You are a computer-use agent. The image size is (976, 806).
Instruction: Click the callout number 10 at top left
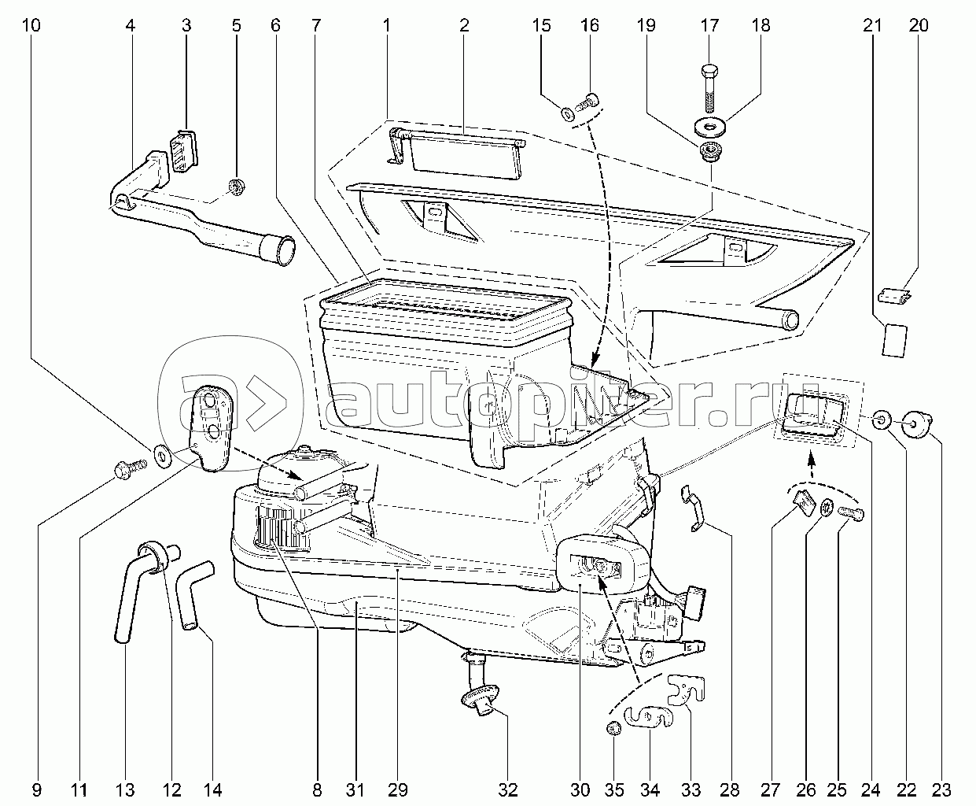pos(31,25)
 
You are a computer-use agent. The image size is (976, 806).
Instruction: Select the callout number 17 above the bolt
pos(709,25)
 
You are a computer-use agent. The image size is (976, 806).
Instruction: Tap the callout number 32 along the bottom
pos(508,790)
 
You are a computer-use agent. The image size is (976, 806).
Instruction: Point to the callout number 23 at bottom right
pos(941,790)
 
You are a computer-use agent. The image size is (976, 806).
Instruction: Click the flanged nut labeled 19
pos(710,153)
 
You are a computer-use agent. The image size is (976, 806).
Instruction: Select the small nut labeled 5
pos(236,187)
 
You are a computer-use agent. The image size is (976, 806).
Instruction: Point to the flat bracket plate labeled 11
pos(211,428)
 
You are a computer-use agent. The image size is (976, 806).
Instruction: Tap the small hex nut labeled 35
pos(613,727)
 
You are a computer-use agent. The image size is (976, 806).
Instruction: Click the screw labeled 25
pos(851,513)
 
